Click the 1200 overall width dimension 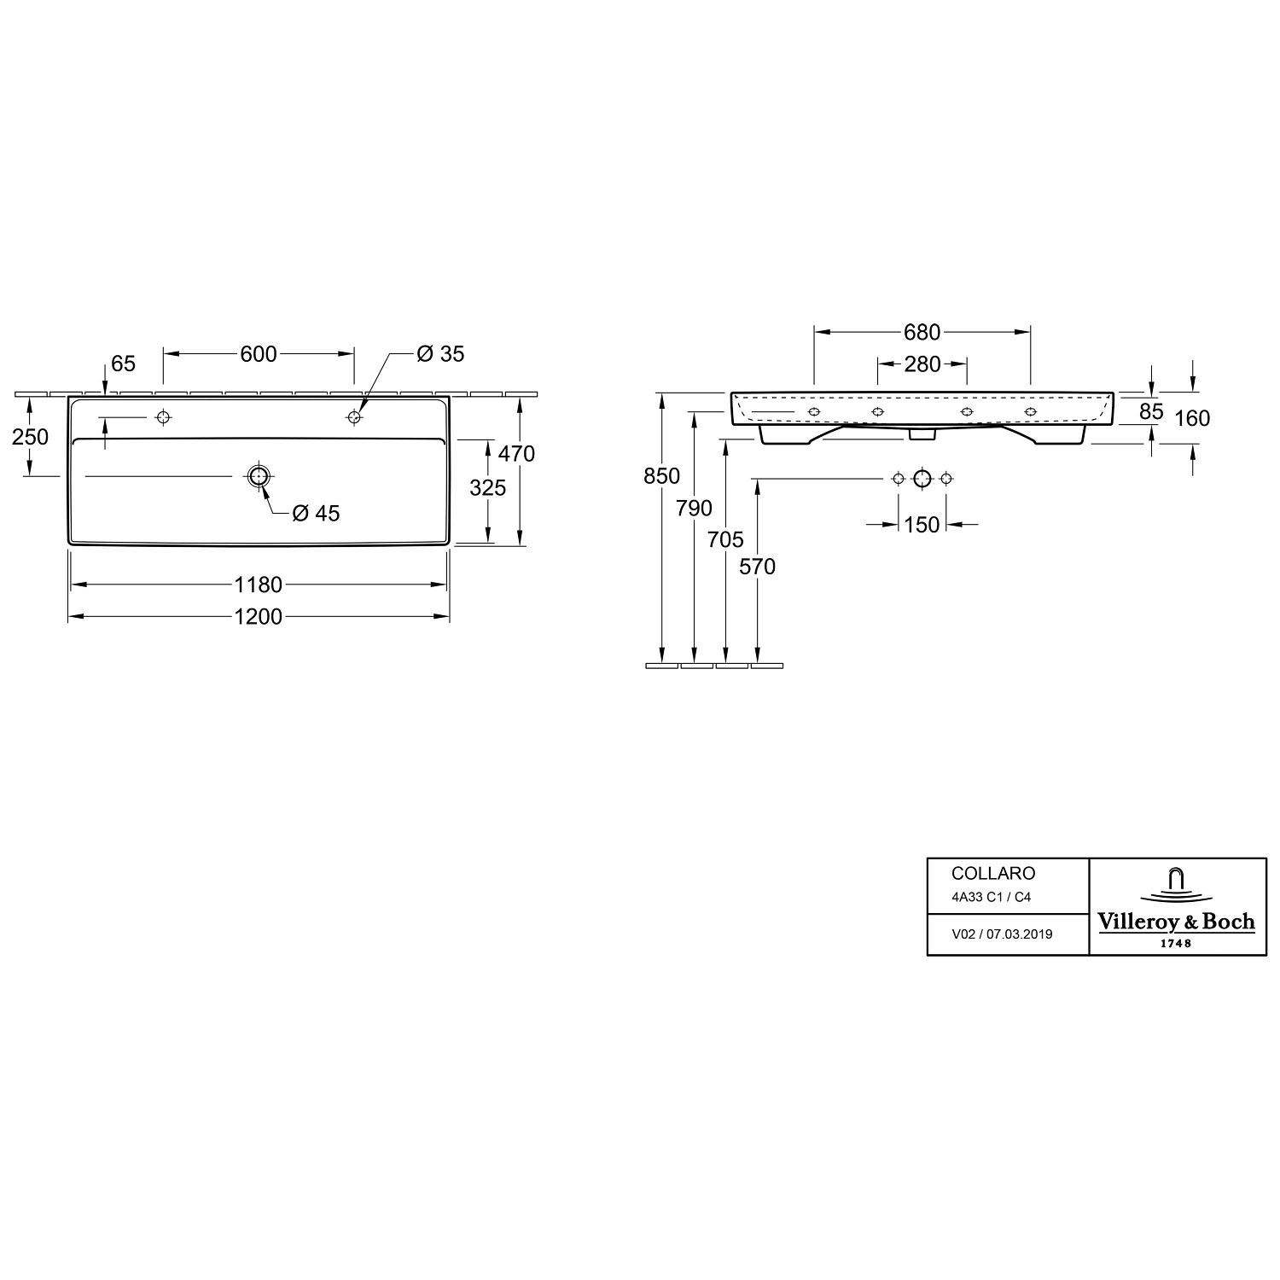point(258,616)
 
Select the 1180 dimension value point(258,585)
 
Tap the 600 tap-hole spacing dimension point(259,353)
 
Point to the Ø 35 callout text point(440,353)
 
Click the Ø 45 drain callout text point(316,513)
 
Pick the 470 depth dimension point(516,453)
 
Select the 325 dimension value point(487,488)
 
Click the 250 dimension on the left point(30,437)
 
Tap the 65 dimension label point(124,364)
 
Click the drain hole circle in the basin point(259,476)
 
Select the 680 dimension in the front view point(922,332)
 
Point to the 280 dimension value point(922,364)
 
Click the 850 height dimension point(661,476)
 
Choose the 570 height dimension point(758,567)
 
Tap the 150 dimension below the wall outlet point(922,525)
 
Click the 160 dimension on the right point(1192,418)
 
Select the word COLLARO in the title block point(993,874)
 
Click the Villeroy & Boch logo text point(1175,922)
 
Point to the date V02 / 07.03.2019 point(1002,934)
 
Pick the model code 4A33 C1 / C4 point(992,898)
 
